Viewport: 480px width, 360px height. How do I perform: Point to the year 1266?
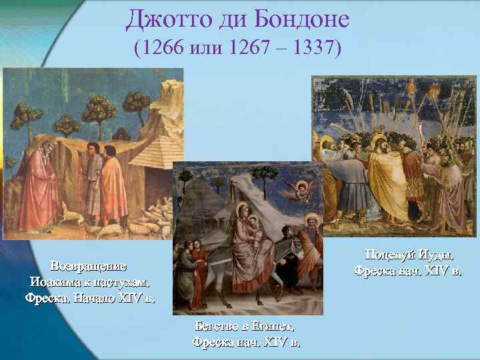point(159,49)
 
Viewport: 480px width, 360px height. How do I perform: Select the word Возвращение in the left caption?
point(91,266)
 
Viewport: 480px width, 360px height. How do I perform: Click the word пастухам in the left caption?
point(122,281)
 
